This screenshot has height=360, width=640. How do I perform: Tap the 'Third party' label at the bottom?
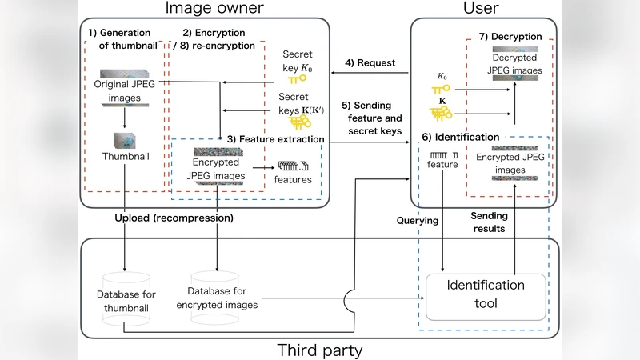click(x=319, y=350)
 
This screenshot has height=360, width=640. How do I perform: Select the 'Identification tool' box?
click(x=485, y=294)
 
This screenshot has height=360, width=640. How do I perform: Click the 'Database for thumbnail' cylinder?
click(x=125, y=299)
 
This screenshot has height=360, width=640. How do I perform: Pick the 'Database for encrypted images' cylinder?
click(x=216, y=299)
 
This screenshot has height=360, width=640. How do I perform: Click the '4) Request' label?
click(x=370, y=63)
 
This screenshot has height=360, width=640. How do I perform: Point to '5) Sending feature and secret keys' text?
click(x=370, y=118)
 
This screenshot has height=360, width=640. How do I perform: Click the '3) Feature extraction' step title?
click(x=275, y=138)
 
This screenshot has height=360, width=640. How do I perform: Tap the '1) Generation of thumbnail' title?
click(x=122, y=38)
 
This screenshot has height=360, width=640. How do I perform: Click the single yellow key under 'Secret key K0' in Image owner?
click(x=297, y=80)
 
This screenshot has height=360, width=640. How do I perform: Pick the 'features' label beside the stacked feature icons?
click(x=292, y=180)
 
